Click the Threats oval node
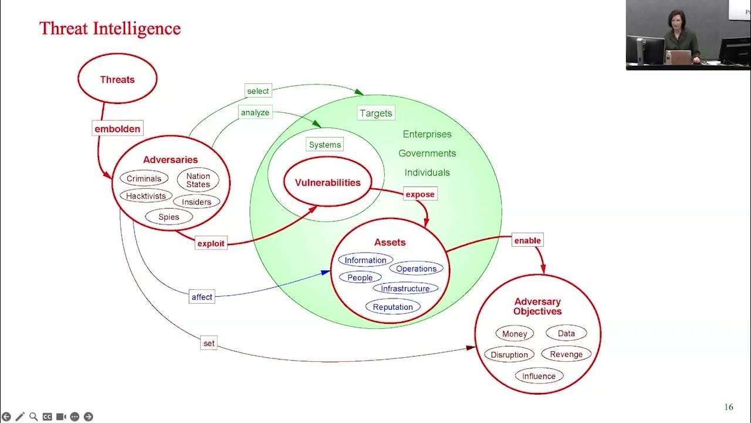coord(117,79)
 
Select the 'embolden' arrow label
coord(117,129)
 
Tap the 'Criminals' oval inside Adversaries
coord(144,179)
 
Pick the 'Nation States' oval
coord(198,180)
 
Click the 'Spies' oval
coord(168,217)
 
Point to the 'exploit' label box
coord(211,243)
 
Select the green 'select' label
coord(258,91)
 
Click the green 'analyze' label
coord(255,112)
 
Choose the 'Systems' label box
coord(324,145)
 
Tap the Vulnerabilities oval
coord(327,182)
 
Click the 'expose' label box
coord(420,194)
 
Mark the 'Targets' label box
coord(375,113)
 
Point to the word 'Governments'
coord(427,153)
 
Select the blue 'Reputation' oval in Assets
coord(393,307)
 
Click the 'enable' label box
coord(527,240)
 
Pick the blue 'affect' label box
coord(202,297)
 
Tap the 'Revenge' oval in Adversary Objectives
coord(566,354)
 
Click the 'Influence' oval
coord(539,376)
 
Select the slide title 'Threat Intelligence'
coord(110,28)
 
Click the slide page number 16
coord(729,407)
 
